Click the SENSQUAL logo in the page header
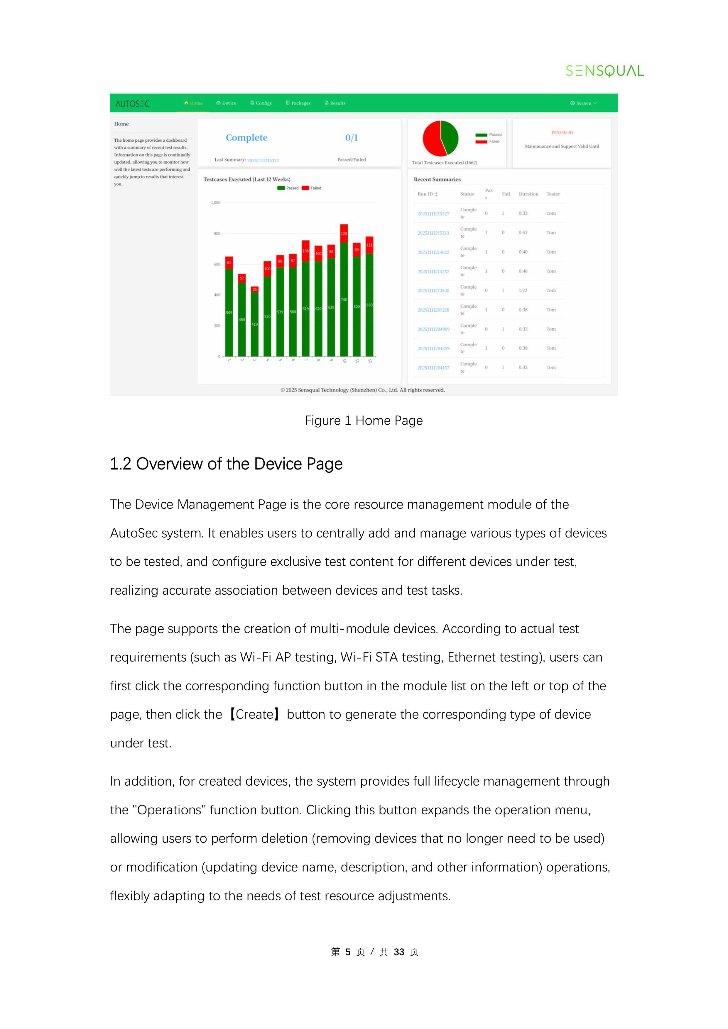pyautogui.click(x=604, y=71)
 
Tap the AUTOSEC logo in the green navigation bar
pyautogui.click(x=132, y=104)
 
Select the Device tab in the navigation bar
pyautogui.click(x=227, y=103)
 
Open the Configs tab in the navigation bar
pyautogui.click(x=261, y=103)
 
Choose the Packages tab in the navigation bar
pyautogui.click(x=298, y=103)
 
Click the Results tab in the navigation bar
pyautogui.click(x=335, y=103)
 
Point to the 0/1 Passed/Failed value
pyautogui.click(x=351, y=138)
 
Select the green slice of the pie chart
pyautogui.click(x=450, y=137)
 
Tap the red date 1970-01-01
pyautogui.click(x=562, y=133)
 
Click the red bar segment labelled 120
pyautogui.click(x=344, y=233)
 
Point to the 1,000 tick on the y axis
pyautogui.click(x=216, y=203)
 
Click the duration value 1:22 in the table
pyautogui.click(x=523, y=290)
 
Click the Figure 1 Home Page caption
pyautogui.click(x=363, y=421)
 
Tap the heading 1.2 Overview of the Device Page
pyautogui.click(x=226, y=464)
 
